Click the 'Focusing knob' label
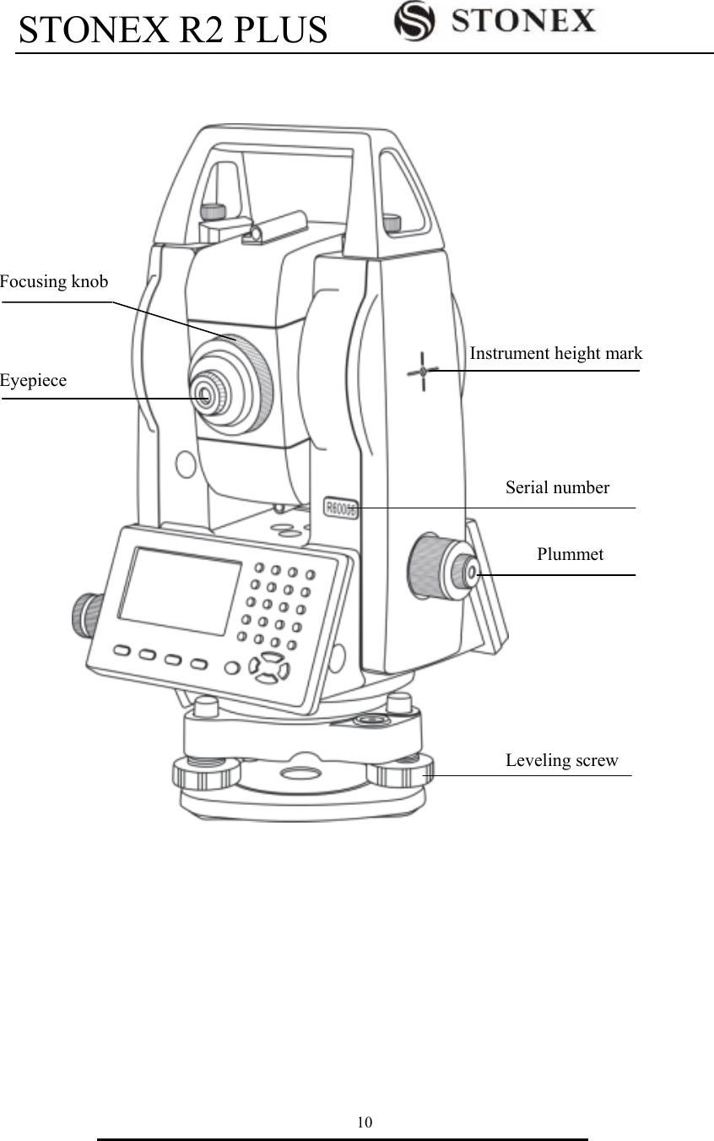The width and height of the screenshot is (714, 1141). click(54, 282)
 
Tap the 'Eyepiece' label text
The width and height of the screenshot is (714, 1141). click(33, 381)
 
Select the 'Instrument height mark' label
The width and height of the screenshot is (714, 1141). click(555, 354)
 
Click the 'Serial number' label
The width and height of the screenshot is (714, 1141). click(557, 487)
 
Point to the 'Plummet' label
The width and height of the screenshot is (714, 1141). click(570, 554)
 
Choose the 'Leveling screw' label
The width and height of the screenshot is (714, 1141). click(561, 760)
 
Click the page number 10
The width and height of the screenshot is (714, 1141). click(364, 1122)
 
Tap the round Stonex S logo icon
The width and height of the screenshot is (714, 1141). click(414, 20)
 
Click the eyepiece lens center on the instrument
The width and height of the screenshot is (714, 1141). click(204, 393)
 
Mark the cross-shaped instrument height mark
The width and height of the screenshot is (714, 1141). click(422, 371)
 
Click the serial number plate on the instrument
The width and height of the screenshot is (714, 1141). click(342, 508)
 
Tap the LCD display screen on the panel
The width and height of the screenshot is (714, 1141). click(179, 590)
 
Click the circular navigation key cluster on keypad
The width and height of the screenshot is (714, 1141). click(270, 667)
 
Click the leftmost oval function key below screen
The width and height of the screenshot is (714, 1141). click(122, 651)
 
